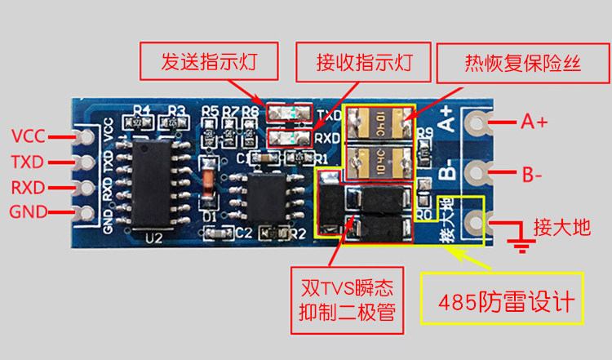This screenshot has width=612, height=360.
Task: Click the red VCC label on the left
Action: pyautogui.click(x=28, y=135)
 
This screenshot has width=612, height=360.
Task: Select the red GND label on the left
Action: pyautogui.click(x=28, y=213)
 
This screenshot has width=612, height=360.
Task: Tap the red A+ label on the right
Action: pyautogui.click(x=534, y=122)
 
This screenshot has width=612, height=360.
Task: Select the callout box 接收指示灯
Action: pyautogui.click(x=364, y=61)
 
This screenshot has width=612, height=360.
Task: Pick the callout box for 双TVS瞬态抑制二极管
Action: pyautogui.click(x=346, y=300)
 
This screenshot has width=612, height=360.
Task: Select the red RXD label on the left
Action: pyautogui.click(x=28, y=187)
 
